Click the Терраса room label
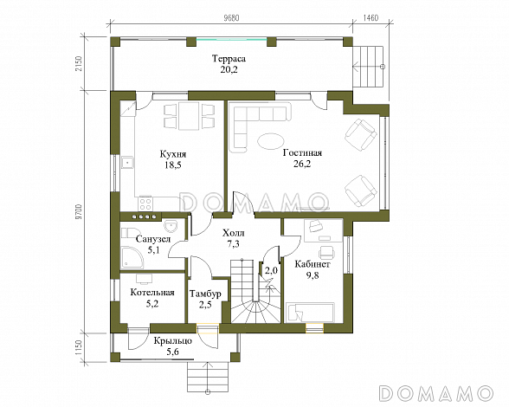(229, 59)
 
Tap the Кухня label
(173, 154)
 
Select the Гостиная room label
(302, 153)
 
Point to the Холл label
(234, 233)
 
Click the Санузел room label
(153, 239)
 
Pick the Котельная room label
(152, 293)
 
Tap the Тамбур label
(205, 294)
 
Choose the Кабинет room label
(312, 264)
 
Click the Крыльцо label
(173, 341)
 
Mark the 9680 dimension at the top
(231, 18)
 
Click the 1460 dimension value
(370, 18)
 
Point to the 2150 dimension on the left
(80, 64)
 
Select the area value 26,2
(302, 164)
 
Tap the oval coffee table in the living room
(270, 141)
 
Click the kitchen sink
(127, 163)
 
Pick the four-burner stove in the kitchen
(145, 203)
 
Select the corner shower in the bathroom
(132, 258)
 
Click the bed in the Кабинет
(309, 312)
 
